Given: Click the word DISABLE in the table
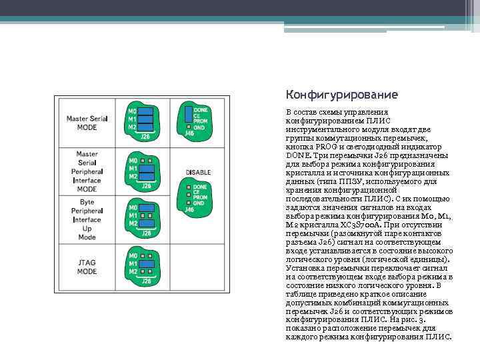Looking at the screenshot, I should [198, 172].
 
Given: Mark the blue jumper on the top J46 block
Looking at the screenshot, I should [189, 112].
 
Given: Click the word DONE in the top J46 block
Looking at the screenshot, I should [200, 109].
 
